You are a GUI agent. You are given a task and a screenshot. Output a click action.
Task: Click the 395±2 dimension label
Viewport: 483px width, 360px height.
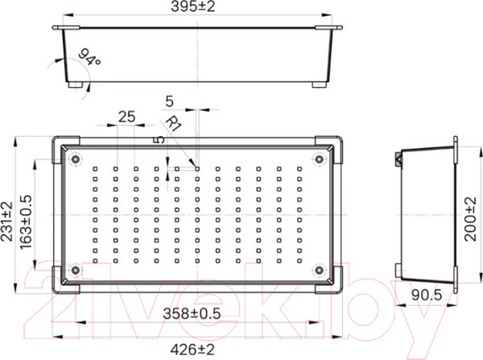click(x=192, y=6)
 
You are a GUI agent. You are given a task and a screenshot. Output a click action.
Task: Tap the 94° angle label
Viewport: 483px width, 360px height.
click(x=89, y=57)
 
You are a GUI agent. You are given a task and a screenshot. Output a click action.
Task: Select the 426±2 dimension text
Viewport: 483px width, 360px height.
click(x=192, y=350)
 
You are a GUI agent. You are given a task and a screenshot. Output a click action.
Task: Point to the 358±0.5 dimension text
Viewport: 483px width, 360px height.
click(x=192, y=314)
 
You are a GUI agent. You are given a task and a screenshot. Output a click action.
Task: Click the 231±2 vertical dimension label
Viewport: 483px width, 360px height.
click(x=6, y=221)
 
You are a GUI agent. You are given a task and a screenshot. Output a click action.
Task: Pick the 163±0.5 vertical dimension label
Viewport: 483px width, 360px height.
click(x=26, y=222)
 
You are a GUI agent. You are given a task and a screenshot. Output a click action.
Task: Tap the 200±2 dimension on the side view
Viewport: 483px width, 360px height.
click(x=470, y=219)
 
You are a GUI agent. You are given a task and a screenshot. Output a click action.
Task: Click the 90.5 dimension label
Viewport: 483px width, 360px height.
click(x=427, y=296)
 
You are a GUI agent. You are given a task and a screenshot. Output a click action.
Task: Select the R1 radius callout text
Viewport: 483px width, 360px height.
click(x=174, y=123)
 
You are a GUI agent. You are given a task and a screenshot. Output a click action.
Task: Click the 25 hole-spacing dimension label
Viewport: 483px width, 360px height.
click(x=126, y=117)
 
